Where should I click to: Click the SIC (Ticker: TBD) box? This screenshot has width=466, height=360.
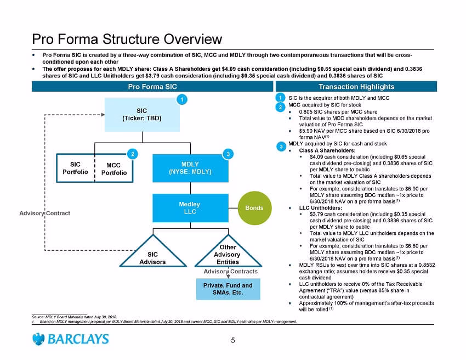pos(142,115)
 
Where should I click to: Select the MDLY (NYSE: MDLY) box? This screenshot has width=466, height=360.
pos(190,168)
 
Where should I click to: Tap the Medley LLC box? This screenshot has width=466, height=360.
pos(190,208)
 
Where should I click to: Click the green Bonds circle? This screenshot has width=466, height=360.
pos(255,208)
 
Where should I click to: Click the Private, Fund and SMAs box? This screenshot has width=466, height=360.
pos(228,289)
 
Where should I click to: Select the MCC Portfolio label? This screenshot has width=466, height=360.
pos(114,169)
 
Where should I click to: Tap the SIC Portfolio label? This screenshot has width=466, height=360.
pos(75,168)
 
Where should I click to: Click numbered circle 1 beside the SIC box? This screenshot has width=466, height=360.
pos(182,99)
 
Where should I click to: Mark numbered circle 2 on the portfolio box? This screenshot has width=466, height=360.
pos(133,154)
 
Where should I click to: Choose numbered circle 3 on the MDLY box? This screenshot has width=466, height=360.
pos(228,154)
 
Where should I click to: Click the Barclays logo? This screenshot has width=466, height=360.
pos(70,339)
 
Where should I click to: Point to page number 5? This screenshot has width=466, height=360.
pos(232,340)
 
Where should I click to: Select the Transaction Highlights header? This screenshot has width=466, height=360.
pos(356,87)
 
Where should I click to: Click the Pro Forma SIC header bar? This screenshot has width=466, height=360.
pos(152,87)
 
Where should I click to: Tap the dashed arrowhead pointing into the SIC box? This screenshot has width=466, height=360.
pos(103,115)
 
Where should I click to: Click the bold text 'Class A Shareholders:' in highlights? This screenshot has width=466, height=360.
pos(327,150)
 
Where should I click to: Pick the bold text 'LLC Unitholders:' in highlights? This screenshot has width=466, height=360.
pos(320,207)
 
